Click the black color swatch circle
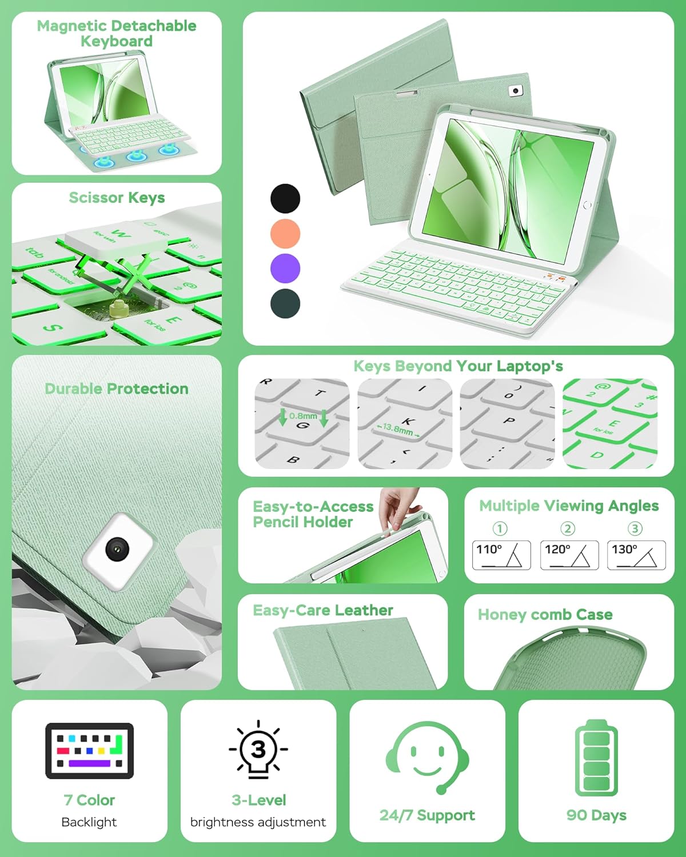tap(285, 199)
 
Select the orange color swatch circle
tap(285, 234)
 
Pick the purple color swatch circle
tap(285, 269)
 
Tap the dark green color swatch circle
tap(285, 303)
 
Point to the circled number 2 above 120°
tap(568, 528)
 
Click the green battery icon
tap(596, 758)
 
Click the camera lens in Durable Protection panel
tap(117, 549)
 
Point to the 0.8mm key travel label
tap(303, 416)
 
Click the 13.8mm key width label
tap(398, 428)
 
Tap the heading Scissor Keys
tap(117, 198)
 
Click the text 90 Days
tap(596, 815)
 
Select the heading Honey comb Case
tap(545, 615)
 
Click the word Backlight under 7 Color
tap(89, 822)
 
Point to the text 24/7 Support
tap(427, 815)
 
